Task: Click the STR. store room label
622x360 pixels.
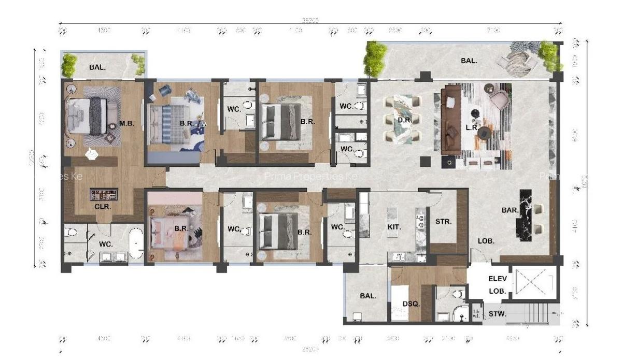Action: [444, 221]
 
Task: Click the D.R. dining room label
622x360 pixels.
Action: [404, 121]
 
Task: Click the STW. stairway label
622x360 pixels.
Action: [498, 314]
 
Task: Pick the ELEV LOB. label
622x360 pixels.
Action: [498, 285]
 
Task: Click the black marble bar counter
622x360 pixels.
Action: [525, 217]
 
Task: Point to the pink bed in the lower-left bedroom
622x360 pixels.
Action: [165, 233]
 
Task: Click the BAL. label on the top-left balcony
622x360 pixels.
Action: [96, 67]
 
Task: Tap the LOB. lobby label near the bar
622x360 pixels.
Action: [486, 241]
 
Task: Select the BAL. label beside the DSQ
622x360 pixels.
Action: [367, 296]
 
